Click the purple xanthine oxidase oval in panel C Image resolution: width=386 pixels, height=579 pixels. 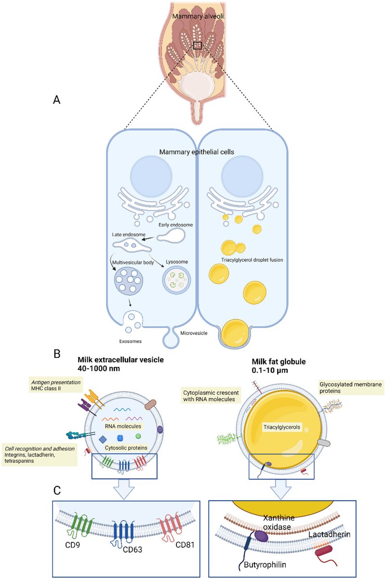point(261,536)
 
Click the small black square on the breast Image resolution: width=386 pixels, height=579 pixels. point(197,45)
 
